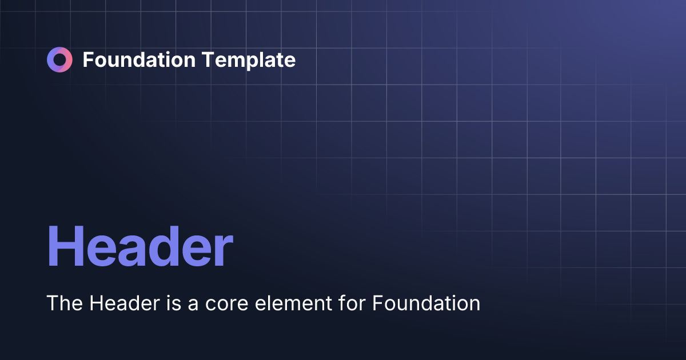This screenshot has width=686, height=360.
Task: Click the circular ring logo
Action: (x=59, y=60)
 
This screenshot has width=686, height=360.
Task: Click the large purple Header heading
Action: (x=140, y=247)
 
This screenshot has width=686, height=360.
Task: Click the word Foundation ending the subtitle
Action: (x=426, y=303)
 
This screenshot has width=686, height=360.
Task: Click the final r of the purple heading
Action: (x=224, y=251)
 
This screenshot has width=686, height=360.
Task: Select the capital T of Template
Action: (x=205, y=59)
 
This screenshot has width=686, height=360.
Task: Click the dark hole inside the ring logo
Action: (x=59, y=60)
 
